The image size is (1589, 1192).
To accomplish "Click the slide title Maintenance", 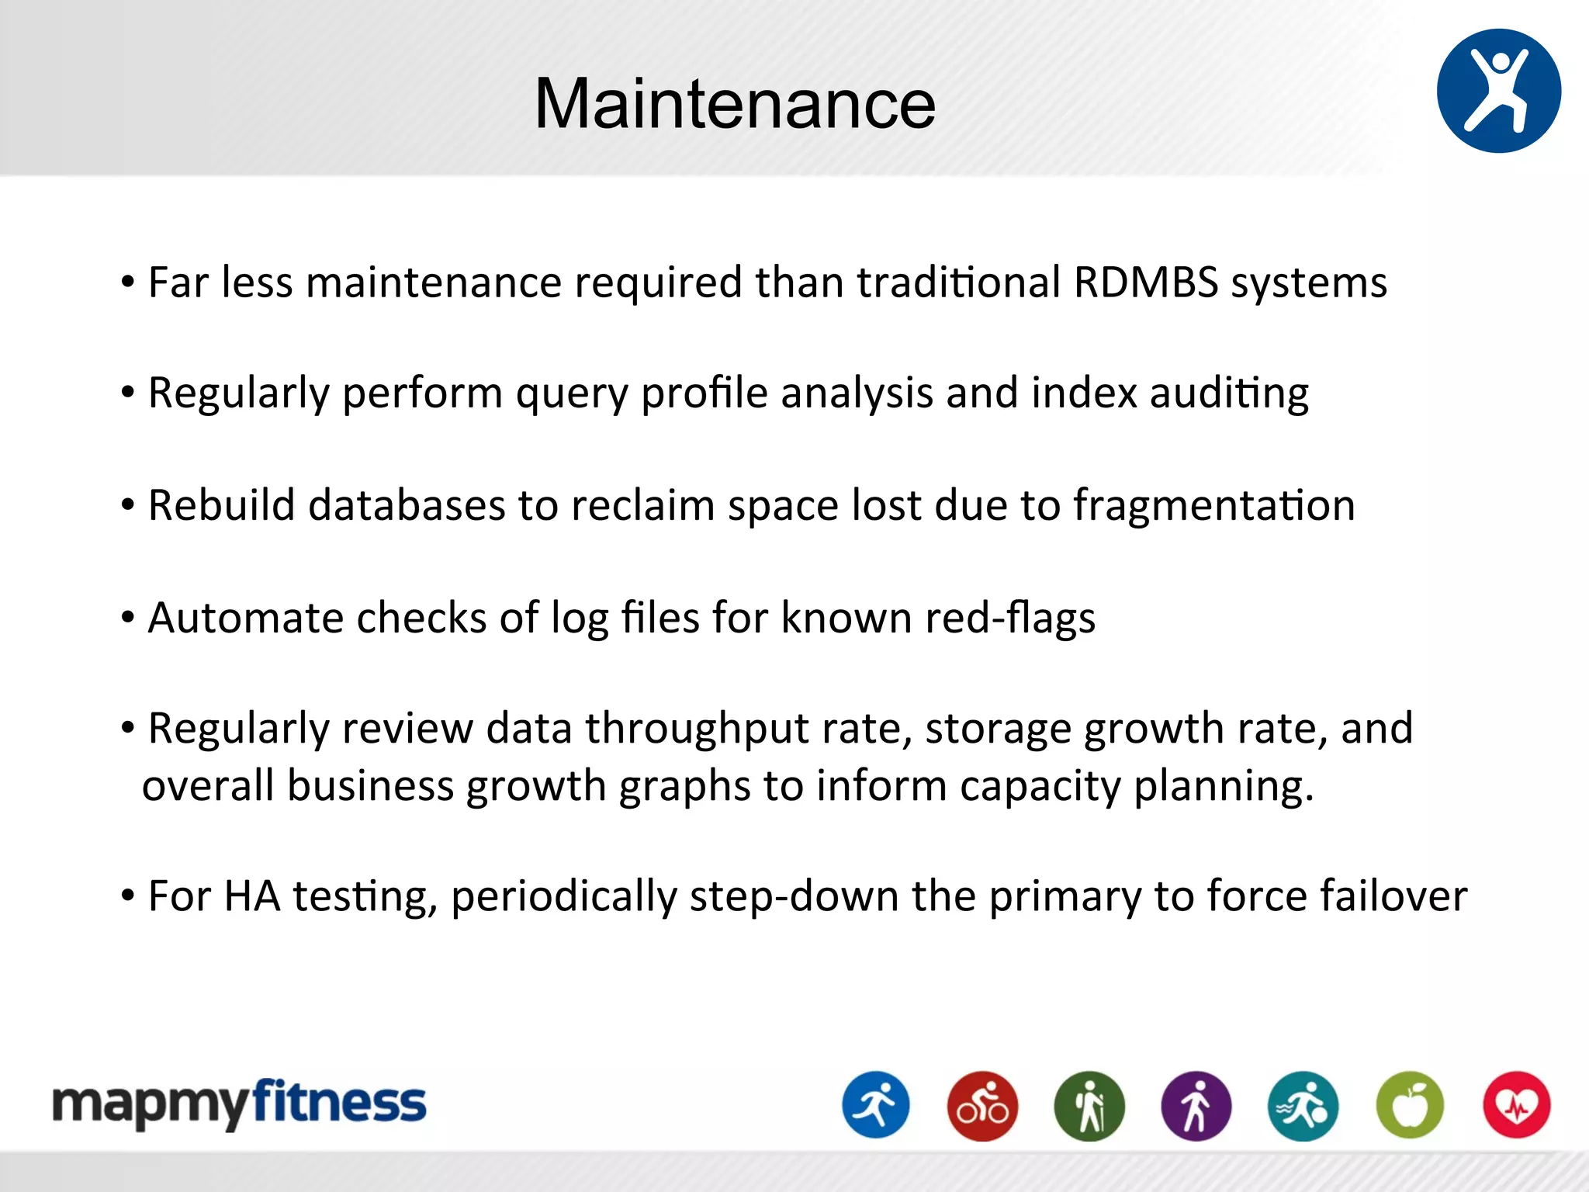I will coord(735,104).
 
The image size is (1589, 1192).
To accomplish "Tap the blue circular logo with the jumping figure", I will coord(1498,91).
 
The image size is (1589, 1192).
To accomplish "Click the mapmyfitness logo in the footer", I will coord(239,1104).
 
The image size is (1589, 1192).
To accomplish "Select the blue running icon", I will coord(876,1105).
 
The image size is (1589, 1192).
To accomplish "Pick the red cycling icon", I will coord(982,1105).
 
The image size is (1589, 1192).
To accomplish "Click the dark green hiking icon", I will coord(1089,1105).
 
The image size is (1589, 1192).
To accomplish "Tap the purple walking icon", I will coord(1196,1105).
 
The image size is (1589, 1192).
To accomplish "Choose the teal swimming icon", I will coord(1303,1105).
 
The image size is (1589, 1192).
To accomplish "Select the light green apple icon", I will coord(1410,1105).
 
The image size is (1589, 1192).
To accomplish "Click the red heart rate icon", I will coord(1516,1105).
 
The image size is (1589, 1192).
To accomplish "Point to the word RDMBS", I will coord(1145,282).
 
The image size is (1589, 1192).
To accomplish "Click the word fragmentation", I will coord(1214,506).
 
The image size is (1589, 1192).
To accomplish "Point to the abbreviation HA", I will coord(252,896).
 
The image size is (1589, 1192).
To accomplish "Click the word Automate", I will coord(245,619).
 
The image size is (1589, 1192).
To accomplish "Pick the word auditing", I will coord(1229,393).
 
